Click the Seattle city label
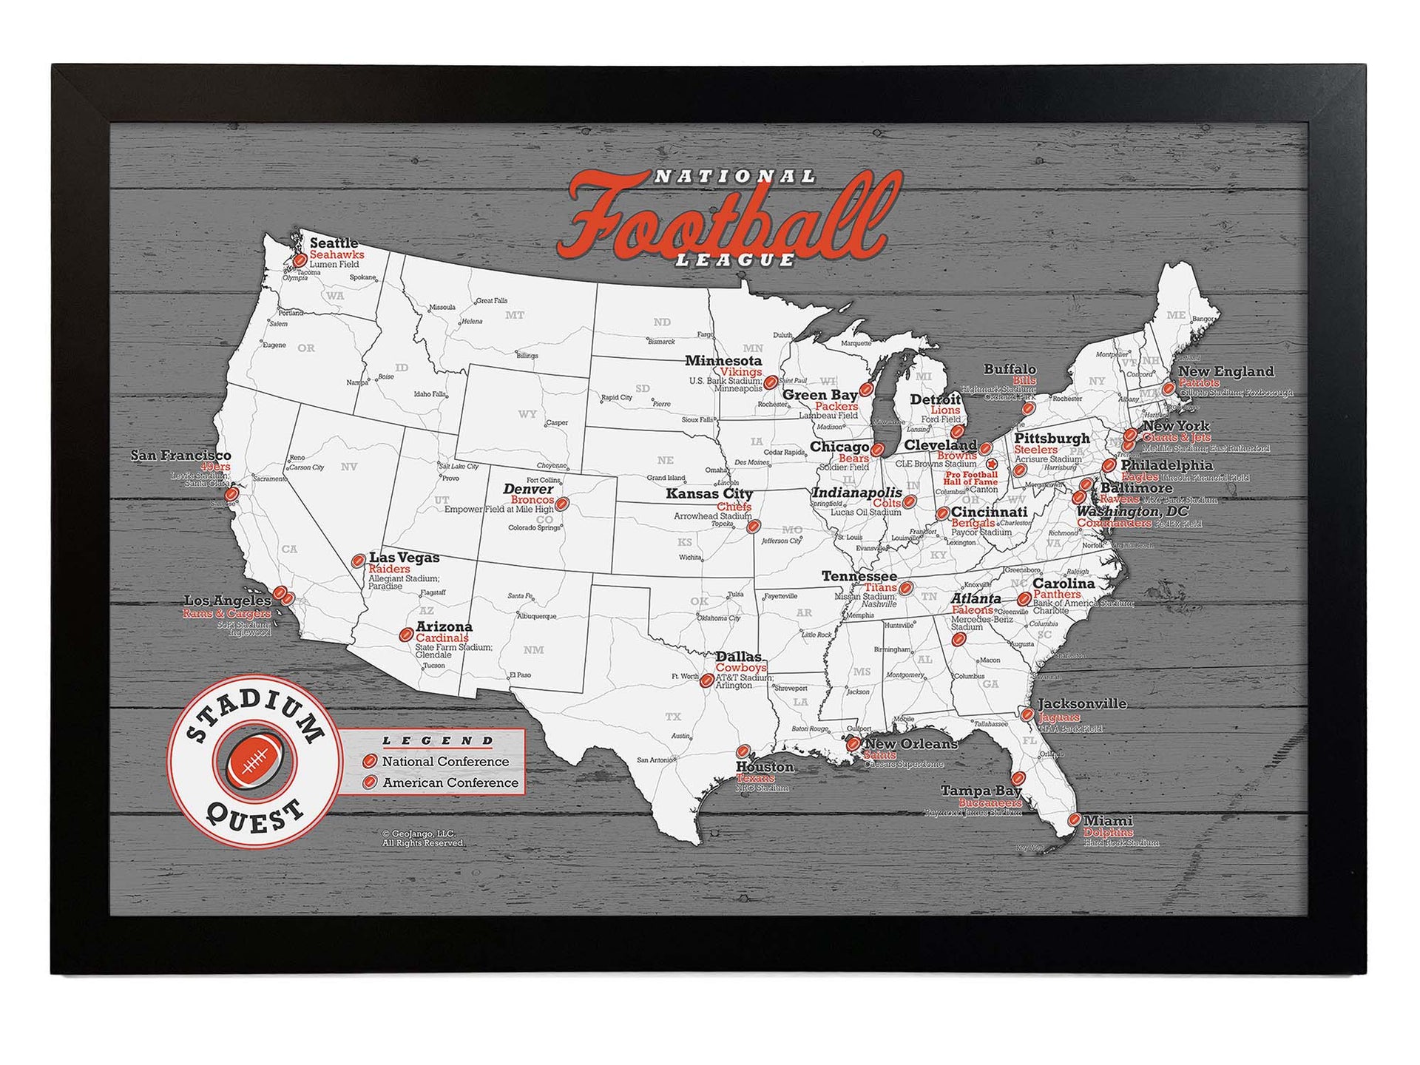click(334, 243)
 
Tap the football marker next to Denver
click(561, 504)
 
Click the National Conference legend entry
click(444, 761)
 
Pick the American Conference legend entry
click(450, 782)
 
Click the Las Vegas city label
click(404, 557)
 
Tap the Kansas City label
click(709, 493)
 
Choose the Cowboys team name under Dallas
click(740, 667)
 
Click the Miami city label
click(1107, 820)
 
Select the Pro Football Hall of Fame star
click(992, 464)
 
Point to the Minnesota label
click(723, 361)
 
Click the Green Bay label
click(819, 395)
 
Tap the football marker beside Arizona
click(405, 635)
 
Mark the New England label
click(1225, 371)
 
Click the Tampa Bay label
click(981, 791)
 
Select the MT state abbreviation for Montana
click(515, 315)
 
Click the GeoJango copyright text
click(423, 838)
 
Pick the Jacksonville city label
click(1082, 703)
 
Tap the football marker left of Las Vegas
click(358, 561)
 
